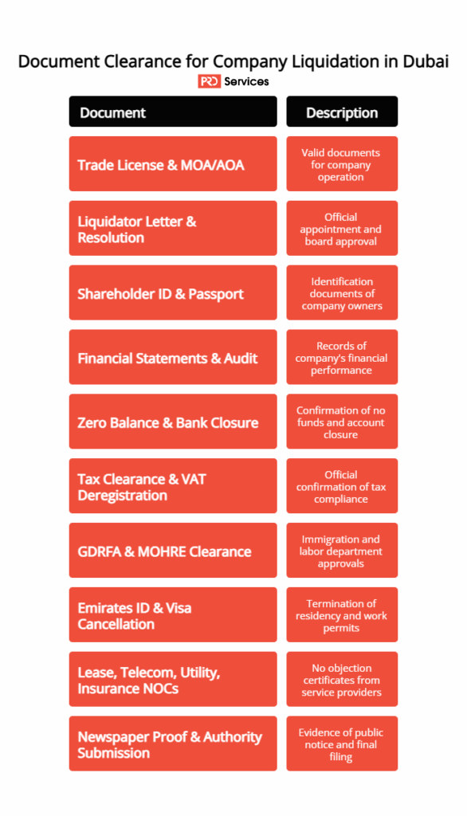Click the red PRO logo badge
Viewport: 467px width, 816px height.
209,81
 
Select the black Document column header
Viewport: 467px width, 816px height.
173,112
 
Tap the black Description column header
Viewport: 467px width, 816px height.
342,112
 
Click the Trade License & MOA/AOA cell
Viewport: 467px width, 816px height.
173,164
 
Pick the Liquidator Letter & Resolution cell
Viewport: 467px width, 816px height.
173,229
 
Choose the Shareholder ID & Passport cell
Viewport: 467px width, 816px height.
173,293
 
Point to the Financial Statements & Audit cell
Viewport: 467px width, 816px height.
173,358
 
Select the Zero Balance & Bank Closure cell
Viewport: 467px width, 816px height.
173,422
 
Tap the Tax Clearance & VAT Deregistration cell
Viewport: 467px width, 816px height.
173,487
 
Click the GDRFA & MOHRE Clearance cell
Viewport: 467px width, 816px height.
173,551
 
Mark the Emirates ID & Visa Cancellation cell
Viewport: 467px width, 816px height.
173,616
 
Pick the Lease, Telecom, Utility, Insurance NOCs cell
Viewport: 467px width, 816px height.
173,681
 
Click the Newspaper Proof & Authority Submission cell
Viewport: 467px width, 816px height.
173,744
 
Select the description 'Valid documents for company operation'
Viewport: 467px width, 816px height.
342,164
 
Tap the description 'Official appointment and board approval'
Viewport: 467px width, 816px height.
342,229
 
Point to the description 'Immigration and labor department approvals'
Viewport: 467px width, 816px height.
342,551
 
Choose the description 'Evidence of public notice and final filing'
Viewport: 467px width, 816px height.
342,744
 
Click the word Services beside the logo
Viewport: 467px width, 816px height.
246,81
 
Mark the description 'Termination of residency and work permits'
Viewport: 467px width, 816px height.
342,616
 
